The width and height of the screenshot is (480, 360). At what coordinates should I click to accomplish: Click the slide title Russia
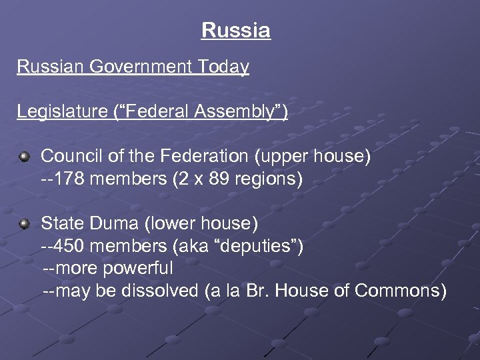click(x=235, y=31)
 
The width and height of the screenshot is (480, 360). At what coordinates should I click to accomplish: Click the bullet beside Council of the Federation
click(x=25, y=157)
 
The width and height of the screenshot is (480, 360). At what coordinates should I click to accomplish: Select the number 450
click(x=71, y=247)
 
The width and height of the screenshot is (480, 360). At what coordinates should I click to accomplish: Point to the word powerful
click(x=139, y=269)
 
